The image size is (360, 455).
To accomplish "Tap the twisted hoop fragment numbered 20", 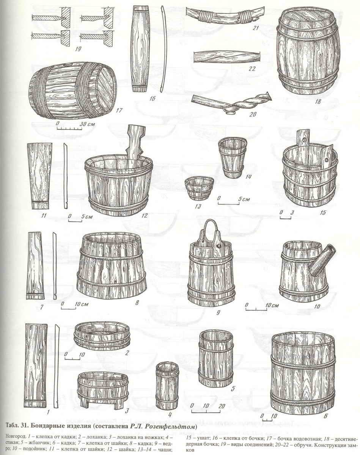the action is pyautogui.click(x=232, y=102).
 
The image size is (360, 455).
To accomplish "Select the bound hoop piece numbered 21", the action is pyautogui.click(x=226, y=16).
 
